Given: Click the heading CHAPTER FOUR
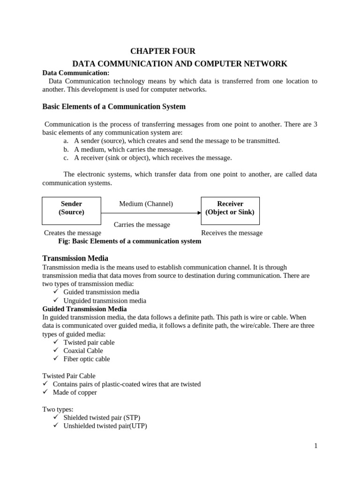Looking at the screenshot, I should tap(163, 51).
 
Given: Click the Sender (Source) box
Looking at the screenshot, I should tap(71, 210).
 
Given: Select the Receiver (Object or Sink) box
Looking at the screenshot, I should tap(230, 210).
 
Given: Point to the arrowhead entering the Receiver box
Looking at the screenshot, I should tap(199, 213).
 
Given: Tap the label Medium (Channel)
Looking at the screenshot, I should tap(146, 204).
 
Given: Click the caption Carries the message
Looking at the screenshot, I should tap(142, 225).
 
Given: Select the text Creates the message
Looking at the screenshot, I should tap(72, 233).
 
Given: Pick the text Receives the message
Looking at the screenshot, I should tap(232, 233).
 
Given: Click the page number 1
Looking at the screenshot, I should tap(316, 446).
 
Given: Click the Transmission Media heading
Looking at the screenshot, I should tap(75, 258).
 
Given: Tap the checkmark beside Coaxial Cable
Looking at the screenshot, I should tap(56, 350).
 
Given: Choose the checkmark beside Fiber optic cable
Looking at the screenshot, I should tap(56, 359).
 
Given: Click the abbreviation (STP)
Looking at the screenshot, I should tap(131, 417).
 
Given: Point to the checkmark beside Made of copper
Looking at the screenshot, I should tap(45, 392).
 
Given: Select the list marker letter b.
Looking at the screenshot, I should tap(66, 150).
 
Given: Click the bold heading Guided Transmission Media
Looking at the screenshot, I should tap(84, 309).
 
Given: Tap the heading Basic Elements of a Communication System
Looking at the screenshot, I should tap(114, 106).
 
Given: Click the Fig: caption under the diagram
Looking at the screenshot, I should tap(129, 241).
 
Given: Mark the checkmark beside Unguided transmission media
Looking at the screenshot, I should tap(56, 300).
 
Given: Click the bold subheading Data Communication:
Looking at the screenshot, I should tap(75, 73).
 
